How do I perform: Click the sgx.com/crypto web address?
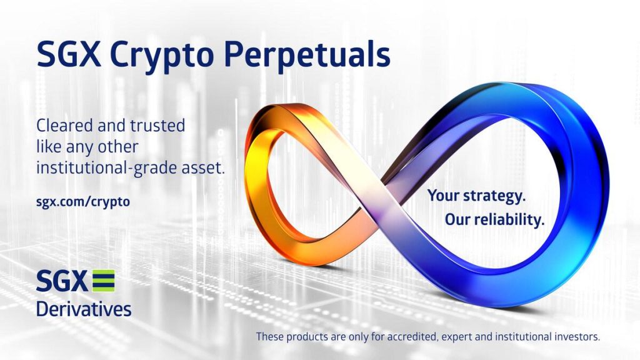coord(83,202)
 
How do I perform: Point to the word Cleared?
coord(62,125)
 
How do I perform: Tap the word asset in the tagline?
coord(201,167)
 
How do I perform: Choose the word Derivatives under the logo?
coord(84,309)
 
